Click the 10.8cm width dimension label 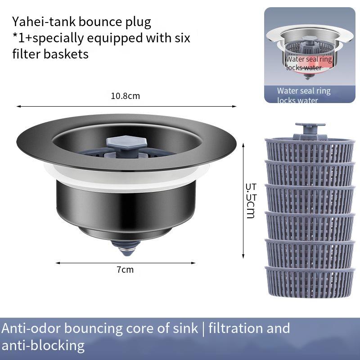pos(126,96)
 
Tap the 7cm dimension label pos(125,270)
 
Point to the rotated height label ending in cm pos(251,200)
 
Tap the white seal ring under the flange pos(126,173)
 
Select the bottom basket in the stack pos(310,282)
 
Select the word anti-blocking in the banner pos(43,345)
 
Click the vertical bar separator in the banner pos(203,328)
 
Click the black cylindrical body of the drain pos(126,205)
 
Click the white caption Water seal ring pos(304,91)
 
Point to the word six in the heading pos(181,37)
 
